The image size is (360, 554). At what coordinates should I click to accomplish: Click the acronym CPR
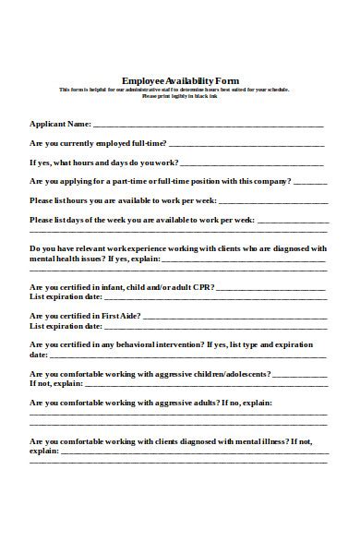click(202, 287)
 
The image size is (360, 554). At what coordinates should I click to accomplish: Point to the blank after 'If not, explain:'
click(204, 384)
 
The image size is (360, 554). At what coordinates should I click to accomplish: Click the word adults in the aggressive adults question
click(203, 403)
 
